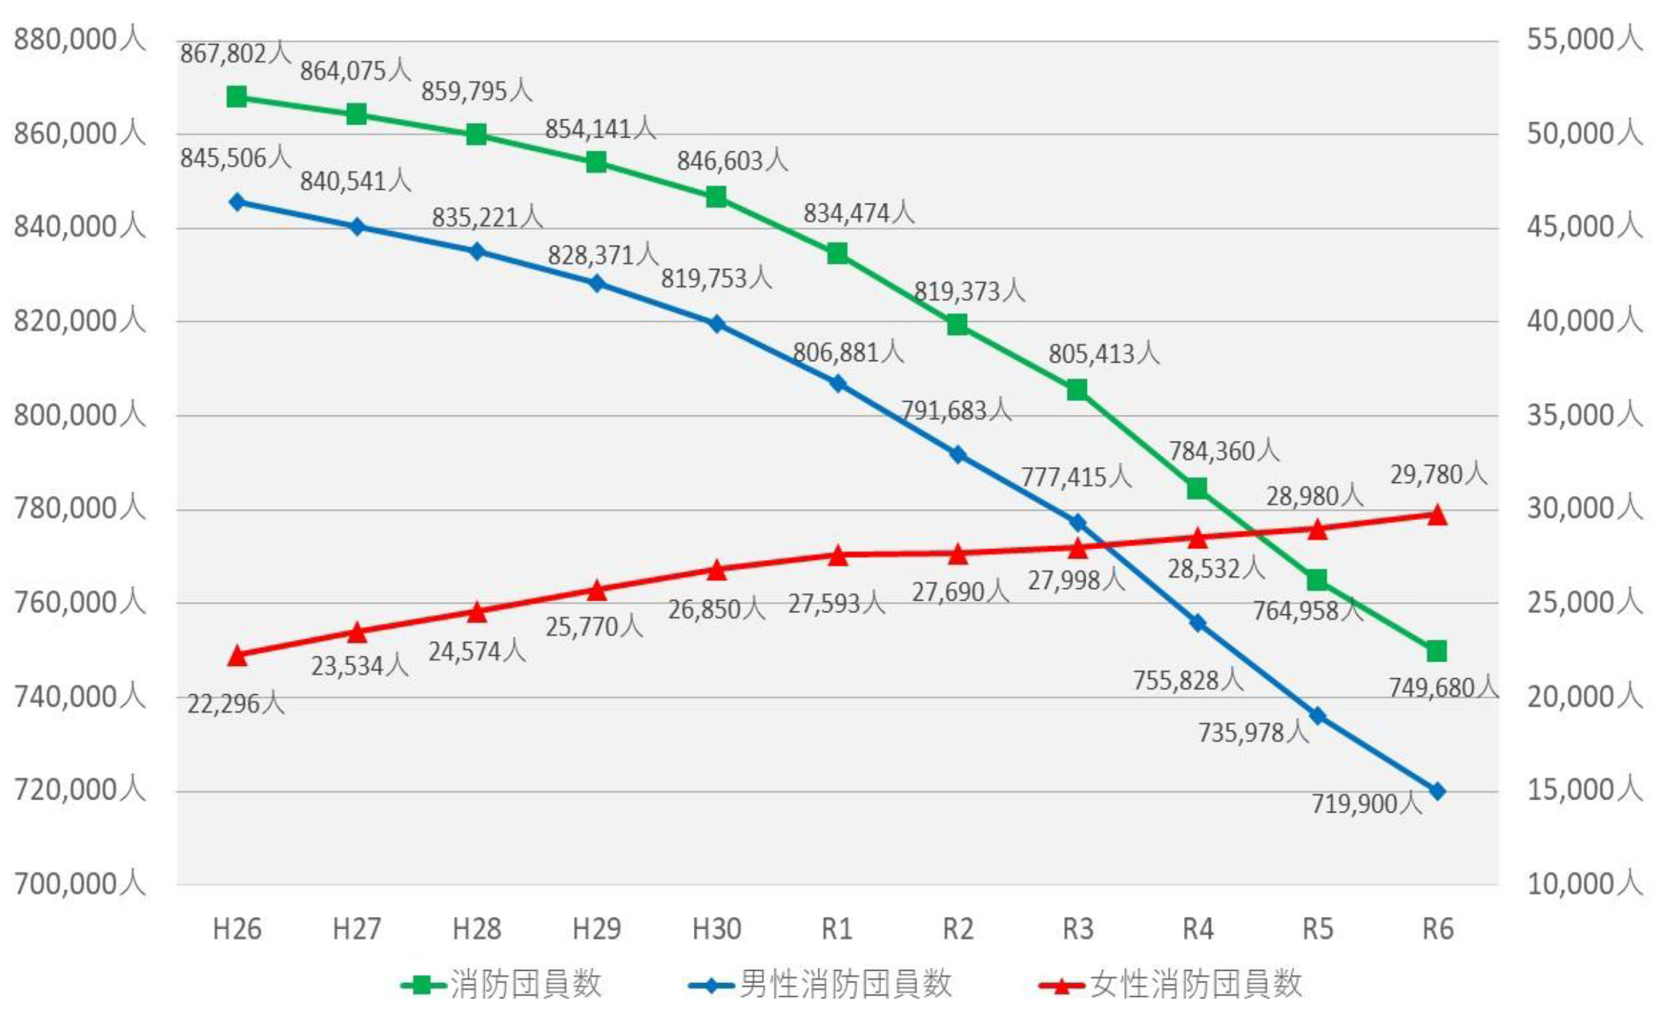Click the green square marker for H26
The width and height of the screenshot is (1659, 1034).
point(237,97)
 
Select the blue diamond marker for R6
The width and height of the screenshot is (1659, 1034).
point(1437,791)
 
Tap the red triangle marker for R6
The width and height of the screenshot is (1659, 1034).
point(1437,515)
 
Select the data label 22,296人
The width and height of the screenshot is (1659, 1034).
point(235,703)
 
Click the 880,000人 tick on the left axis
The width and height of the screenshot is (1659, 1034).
point(80,39)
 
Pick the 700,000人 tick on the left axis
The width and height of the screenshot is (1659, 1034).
point(80,883)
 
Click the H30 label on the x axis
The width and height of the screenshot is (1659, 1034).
point(717,929)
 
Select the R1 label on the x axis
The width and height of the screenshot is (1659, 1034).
point(837,929)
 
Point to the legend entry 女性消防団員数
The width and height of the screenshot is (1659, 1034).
point(1195,984)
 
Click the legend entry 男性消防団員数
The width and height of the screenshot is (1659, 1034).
point(845,984)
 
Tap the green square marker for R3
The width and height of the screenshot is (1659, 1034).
point(1077,390)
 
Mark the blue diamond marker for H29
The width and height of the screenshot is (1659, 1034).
point(597,283)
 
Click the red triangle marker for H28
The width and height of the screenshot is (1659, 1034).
point(476,612)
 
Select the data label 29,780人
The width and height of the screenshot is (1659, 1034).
point(1438,475)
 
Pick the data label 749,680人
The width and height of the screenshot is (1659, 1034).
point(1443,687)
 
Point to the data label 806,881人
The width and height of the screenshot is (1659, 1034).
point(848,353)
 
